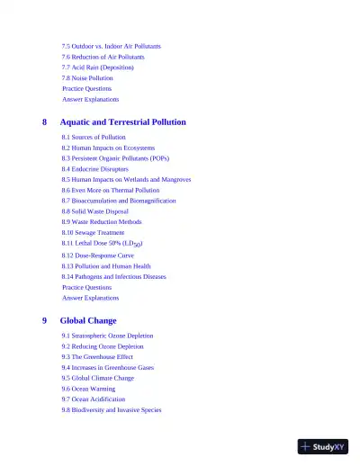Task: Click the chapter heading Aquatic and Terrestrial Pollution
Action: [x=122, y=121]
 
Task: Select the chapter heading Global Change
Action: [x=88, y=320]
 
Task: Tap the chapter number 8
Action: [x=45, y=121]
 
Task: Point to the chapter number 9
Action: [x=45, y=320]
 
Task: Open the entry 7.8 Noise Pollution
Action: [x=87, y=78]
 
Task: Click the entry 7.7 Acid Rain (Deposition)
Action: [x=98, y=67]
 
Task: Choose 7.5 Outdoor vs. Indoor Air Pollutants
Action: [x=112, y=46]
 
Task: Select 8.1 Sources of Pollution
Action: [x=94, y=137]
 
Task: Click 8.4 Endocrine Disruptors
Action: [x=95, y=169]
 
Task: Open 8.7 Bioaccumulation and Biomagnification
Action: [x=119, y=202]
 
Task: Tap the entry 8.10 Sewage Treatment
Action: [x=94, y=233]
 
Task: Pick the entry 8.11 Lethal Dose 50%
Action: [x=103, y=244]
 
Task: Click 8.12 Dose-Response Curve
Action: [x=98, y=255]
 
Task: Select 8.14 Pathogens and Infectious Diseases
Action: [x=114, y=277]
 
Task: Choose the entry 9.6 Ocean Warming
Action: [x=89, y=389]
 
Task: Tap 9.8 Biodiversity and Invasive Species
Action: [x=112, y=410]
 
